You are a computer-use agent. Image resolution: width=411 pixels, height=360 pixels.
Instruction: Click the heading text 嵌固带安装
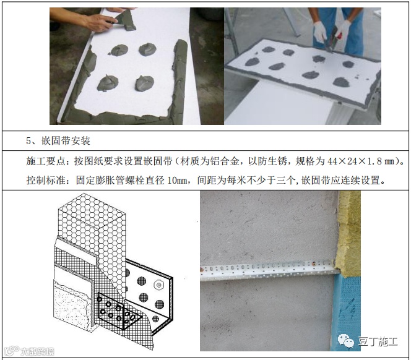coord(66,141)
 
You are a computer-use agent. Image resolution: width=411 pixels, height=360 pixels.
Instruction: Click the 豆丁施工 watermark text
coord(378,341)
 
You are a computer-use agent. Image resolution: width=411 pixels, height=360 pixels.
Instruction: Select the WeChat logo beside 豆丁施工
coord(346,341)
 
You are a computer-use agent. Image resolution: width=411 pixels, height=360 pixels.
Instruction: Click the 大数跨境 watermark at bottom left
coord(29,351)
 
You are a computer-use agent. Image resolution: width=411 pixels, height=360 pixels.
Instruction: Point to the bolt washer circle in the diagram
coord(158,285)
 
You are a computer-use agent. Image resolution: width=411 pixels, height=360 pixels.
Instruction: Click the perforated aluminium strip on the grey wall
coord(269,269)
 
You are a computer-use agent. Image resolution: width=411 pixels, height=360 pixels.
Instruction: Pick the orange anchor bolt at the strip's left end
coord(202,268)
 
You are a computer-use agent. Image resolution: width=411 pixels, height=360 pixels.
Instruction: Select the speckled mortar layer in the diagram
coord(71,304)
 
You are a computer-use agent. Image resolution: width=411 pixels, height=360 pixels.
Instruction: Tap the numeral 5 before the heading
coord(29,141)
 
